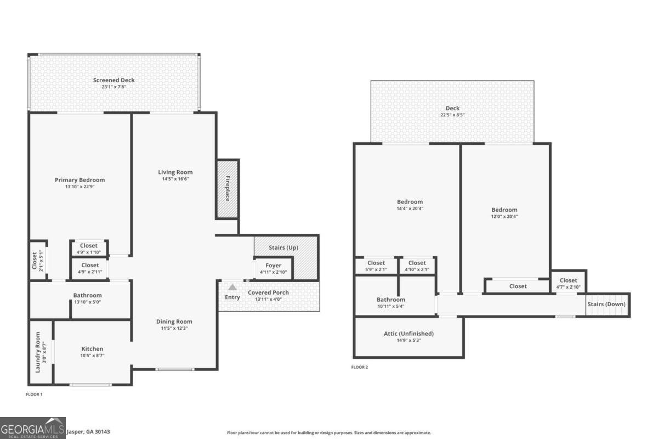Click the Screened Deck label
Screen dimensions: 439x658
pos(114,80)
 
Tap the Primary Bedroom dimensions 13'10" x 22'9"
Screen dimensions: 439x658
pos(80,187)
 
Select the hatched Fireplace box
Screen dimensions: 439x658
pos(228,189)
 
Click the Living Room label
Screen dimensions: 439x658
pos(175,172)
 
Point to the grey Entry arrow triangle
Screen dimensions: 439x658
pos(232,287)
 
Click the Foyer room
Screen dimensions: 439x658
pos(273,268)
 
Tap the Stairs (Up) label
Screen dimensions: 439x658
pos(283,248)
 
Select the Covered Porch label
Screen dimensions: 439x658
pos(268,292)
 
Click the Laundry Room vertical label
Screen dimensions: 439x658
pos(38,352)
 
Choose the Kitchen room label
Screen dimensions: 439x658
pos(92,349)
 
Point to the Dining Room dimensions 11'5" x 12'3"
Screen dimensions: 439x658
pos(174,328)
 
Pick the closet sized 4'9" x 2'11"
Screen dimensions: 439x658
pos(90,268)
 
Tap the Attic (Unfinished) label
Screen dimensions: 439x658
pos(409,334)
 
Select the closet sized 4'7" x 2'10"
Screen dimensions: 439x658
pos(568,283)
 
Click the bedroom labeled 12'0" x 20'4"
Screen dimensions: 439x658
pos(504,213)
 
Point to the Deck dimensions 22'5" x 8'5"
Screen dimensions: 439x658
pos(452,115)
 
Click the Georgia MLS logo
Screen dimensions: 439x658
pos(33,428)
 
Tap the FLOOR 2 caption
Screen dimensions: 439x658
pos(360,367)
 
